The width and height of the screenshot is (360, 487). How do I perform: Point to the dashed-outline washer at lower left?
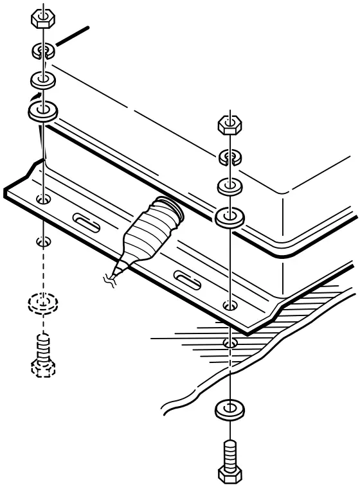[x=43, y=302]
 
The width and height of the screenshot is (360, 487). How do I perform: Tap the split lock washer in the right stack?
[x=229, y=155]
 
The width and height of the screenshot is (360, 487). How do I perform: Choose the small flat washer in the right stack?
[x=229, y=187]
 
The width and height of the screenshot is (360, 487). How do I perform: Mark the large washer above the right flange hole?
[x=229, y=217]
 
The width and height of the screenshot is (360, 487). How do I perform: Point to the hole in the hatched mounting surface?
[x=229, y=341]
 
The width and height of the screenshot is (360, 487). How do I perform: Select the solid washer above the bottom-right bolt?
[x=229, y=409]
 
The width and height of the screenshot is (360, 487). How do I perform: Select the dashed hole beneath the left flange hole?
[x=43, y=242]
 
